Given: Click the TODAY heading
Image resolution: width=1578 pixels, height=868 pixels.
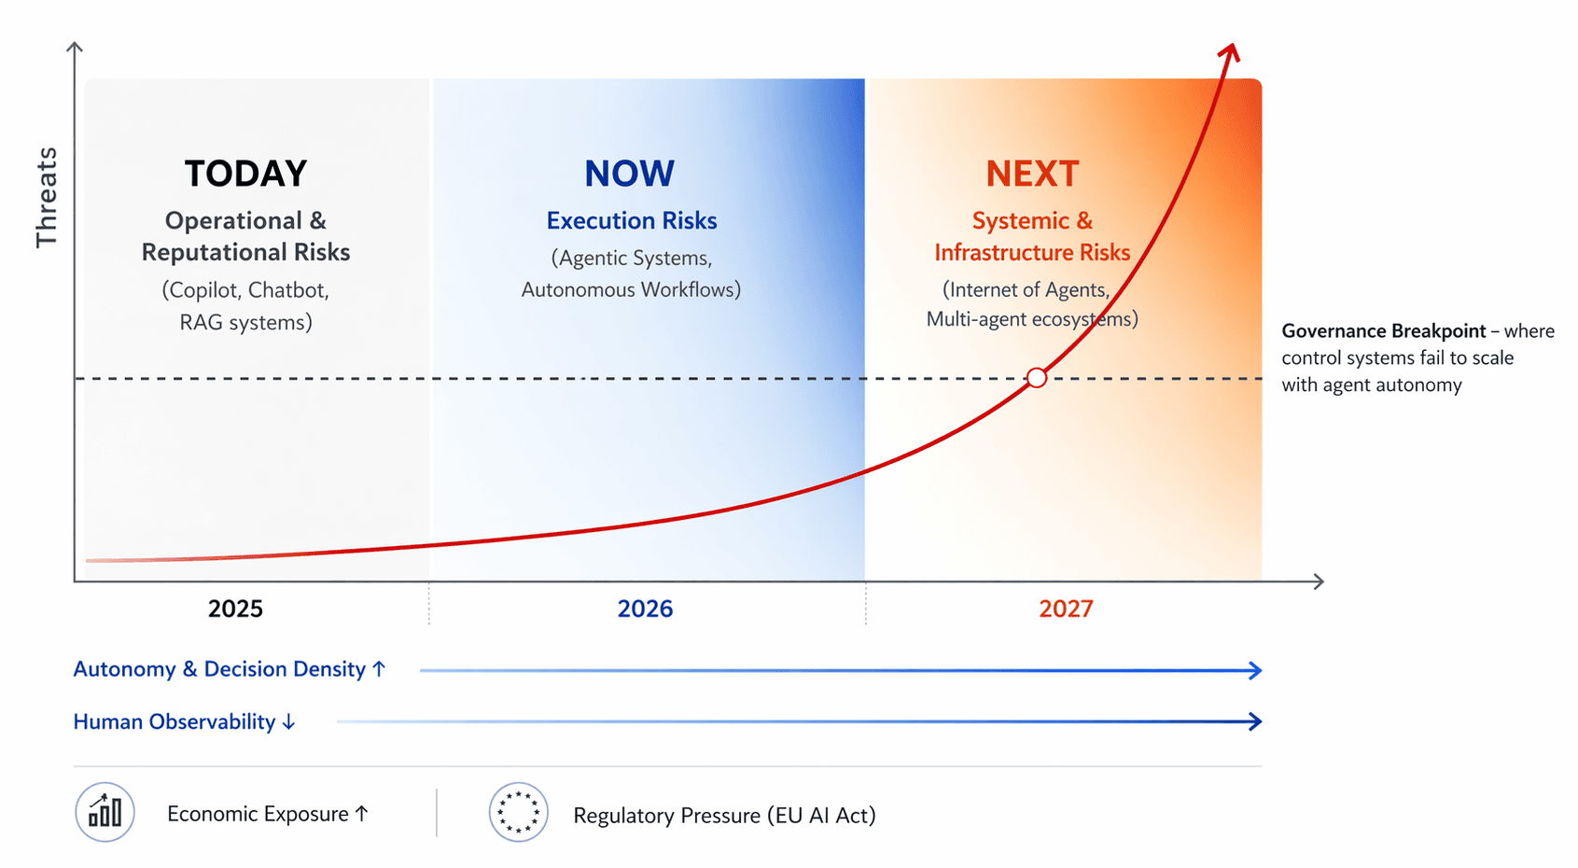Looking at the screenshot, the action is pyautogui.click(x=245, y=174).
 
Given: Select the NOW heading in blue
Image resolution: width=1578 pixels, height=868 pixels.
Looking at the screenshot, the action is pyautogui.click(x=629, y=174).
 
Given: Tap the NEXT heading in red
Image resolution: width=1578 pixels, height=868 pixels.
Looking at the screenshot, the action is pyautogui.click(x=1032, y=174).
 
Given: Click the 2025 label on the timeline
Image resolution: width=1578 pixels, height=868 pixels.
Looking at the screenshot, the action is pyautogui.click(x=235, y=609).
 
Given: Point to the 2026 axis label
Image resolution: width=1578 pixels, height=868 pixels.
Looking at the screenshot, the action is pyautogui.click(x=645, y=609).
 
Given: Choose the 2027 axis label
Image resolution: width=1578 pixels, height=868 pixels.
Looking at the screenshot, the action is pyautogui.click(x=1066, y=609).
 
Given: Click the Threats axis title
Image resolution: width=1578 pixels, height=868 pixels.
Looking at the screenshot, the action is pyautogui.click(x=47, y=197).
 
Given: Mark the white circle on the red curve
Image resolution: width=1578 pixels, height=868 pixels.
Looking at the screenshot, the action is pyautogui.click(x=1036, y=378).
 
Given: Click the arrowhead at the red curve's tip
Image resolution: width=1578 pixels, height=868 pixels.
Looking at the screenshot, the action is pyautogui.click(x=1229, y=53).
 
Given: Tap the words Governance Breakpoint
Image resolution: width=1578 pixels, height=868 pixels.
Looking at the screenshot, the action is pyautogui.click(x=1384, y=331).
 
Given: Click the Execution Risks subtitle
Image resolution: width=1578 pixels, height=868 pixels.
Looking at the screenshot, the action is pyautogui.click(x=632, y=220).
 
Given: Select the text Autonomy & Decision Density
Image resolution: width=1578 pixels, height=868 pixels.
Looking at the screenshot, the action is pyautogui.click(x=219, y=668).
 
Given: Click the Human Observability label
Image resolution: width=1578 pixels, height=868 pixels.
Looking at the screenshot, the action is pyautogui.click(x=174, y=721).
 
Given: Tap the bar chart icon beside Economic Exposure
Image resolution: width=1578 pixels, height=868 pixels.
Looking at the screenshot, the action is pyautogui.click(x=105, y=812).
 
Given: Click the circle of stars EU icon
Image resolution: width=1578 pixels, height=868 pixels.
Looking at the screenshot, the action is pyautogui.click(x=519, y=812).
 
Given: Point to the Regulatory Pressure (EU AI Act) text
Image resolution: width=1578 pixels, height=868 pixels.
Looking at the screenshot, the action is pyautogui.click(x=724, y=815).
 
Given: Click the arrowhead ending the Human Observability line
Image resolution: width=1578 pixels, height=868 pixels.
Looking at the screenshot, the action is pyautogui.click(x=1254, y=721).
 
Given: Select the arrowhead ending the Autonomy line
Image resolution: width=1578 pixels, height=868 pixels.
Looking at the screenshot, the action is pyautogui.click(x=1254, y=670).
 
